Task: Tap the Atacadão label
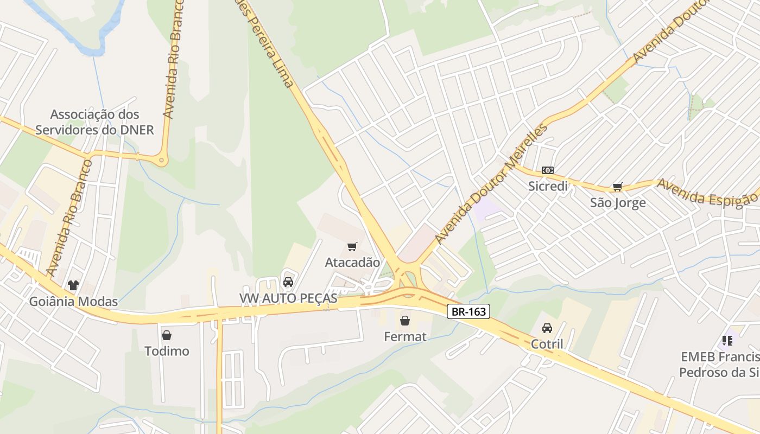[x=352, y=263]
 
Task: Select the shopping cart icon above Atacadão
[x=352, y=247]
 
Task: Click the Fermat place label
[x=405, y=337]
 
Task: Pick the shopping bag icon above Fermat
[x=405, y=321]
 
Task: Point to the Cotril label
[x=547, y=344]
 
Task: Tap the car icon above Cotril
[x=547, y=328]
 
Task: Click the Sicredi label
[x=548, y=186]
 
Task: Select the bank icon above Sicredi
[x=548, y=170]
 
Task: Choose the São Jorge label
[x=618, y=203]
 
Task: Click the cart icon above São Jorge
[x=617, y=187]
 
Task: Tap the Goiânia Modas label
[x=73, y=302]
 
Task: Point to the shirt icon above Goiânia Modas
[x=73, y=285]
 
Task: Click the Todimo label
[x=167, y=351]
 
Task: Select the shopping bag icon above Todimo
[x=167, y=335]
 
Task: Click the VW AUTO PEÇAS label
[x=288, y=298]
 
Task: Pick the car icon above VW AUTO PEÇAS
[x=288, y=282]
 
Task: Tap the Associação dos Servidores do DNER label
[x=94, y=122]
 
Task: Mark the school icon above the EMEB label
[x=727, y=341]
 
